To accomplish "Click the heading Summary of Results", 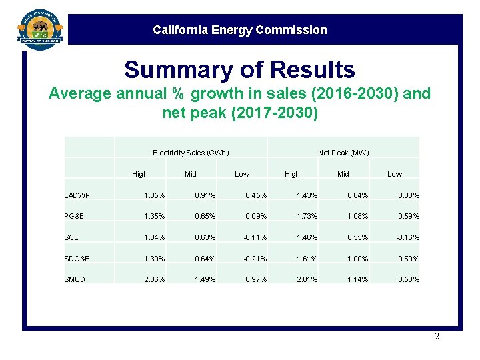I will point(239,69).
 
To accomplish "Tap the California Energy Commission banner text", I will point(239,30).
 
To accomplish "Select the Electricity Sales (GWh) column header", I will point(191,153).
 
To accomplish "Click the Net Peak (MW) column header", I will point(343,153).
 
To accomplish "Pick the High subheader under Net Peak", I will point(292,174).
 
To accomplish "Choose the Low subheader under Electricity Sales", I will point(242,174).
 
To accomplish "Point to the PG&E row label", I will point(74,216).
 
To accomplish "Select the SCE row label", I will point(71,237).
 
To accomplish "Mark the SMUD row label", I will point(75,279).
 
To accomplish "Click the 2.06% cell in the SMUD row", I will point(155,279).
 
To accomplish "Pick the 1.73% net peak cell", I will point(307,216).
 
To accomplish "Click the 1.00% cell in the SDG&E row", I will point(357,259).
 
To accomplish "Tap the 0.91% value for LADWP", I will point(205,195).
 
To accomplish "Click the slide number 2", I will point(437,337).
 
